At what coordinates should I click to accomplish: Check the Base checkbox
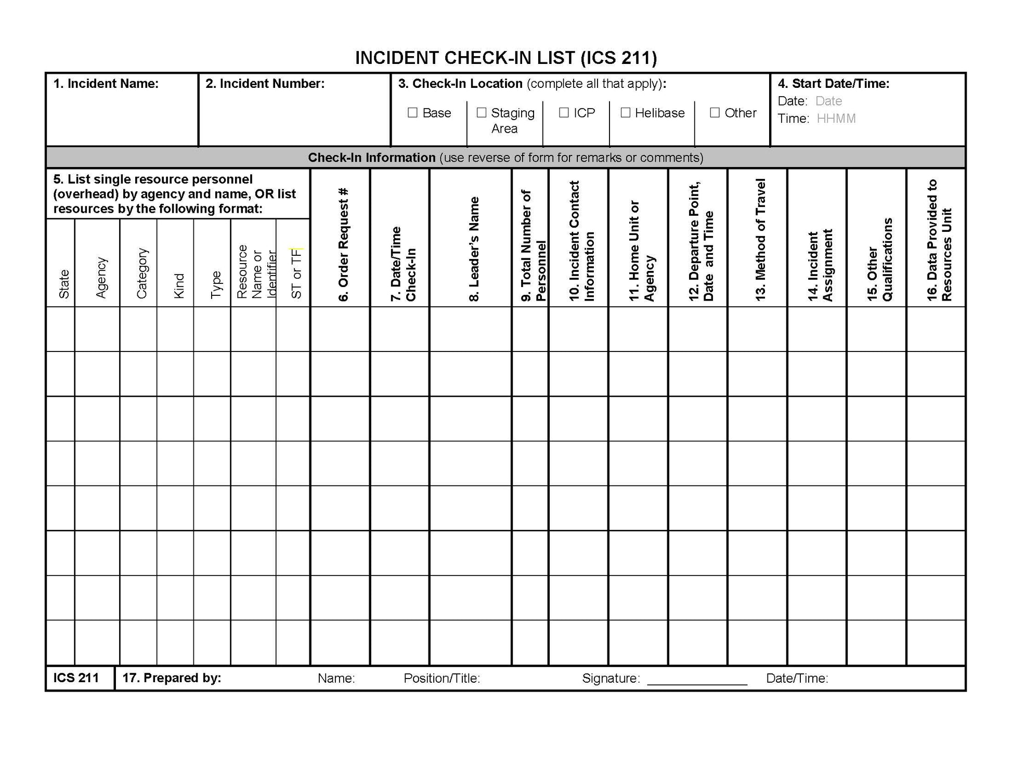coord(412,113)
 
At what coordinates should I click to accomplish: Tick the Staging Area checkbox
coord(482,113)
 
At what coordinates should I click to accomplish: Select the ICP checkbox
coord(564,113)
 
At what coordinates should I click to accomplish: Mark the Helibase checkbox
coord(626,113)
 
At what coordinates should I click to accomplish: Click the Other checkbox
coord(715,113)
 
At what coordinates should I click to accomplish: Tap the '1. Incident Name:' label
coord(106,84)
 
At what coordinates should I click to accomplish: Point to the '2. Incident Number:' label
coord(265,84)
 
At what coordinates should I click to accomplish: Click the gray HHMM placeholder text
coord(836,119)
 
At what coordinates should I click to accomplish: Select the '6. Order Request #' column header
coord(343,244)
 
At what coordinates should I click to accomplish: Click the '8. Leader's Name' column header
coord(474,249)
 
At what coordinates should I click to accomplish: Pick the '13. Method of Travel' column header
coord(760,239)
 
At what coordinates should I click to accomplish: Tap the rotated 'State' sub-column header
coord(64,284)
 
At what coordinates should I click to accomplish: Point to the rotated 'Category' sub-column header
coord(142,273)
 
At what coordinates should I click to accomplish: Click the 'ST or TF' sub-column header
coord(296,273)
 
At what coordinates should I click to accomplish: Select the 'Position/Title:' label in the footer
coord(442,679)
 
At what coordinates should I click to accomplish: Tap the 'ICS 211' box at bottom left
coord(76,678)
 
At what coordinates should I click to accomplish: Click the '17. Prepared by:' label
coord(172,678)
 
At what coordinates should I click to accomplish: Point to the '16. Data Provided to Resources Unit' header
coord(939,240)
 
